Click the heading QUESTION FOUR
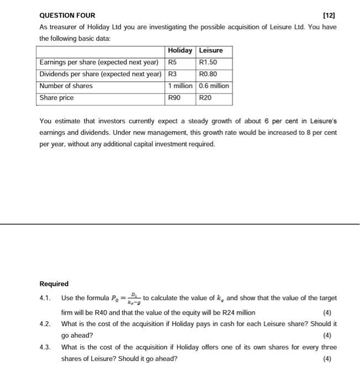67,15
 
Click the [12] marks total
330,15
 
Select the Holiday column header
180,50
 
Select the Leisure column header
211,50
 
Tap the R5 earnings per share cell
174,62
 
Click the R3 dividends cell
174,74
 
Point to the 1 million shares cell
181,86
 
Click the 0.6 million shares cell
214,86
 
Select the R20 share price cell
206,98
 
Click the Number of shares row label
66,86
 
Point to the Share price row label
57,98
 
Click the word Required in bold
54,284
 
